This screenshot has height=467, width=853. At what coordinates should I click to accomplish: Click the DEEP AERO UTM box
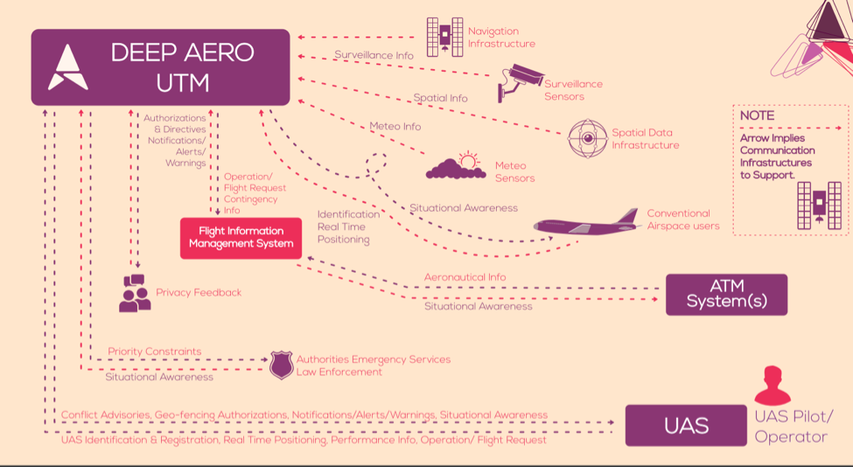click(160, 66)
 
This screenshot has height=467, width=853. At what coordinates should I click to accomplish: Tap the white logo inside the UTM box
click(68, 67)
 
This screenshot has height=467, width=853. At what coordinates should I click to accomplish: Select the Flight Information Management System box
click(241, 238)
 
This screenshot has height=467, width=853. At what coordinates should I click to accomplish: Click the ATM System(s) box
click(726, 294)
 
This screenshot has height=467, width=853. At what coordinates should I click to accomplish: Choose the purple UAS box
click(686, 425)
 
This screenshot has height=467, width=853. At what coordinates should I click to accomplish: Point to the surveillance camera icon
click(521, 82)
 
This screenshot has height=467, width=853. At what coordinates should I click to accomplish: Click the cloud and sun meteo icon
click(456, 166)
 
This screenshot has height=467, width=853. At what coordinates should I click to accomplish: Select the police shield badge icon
click(281, 366)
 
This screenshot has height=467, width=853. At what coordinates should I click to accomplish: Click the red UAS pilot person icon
click(773, 386)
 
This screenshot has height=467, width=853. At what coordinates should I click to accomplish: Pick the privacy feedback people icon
click(135, 293)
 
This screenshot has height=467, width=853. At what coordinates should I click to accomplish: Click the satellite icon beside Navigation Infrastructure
click(445, 37)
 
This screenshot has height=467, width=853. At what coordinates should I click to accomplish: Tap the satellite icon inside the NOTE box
click(819, 206)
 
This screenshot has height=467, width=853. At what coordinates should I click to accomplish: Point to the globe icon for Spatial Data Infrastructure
click(588, 139)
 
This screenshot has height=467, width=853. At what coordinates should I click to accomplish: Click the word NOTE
click(757, 115)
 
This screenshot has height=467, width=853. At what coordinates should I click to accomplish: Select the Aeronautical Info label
click(465, 277)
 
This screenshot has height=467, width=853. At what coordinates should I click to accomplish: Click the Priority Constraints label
click(155, 352)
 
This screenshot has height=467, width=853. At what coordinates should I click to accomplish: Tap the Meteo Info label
click(395, 127)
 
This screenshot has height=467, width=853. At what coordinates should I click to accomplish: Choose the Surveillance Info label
click(374, 55)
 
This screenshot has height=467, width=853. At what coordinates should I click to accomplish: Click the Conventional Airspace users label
click(683, 220)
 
